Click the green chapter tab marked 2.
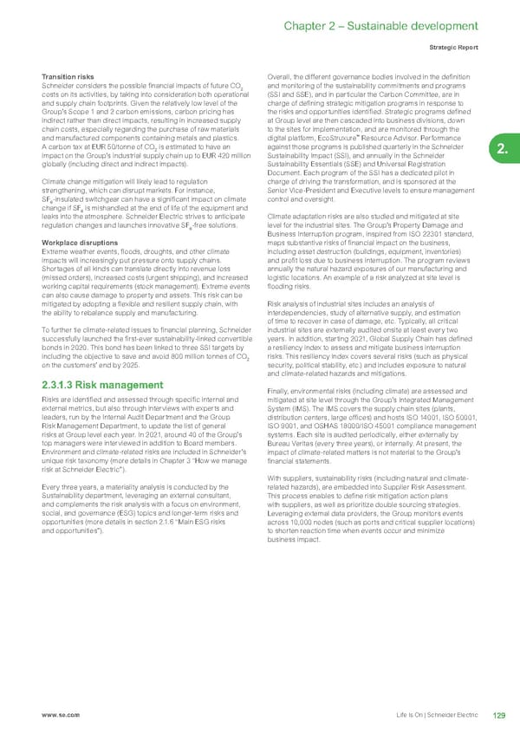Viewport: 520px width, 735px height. coord(504,152)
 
